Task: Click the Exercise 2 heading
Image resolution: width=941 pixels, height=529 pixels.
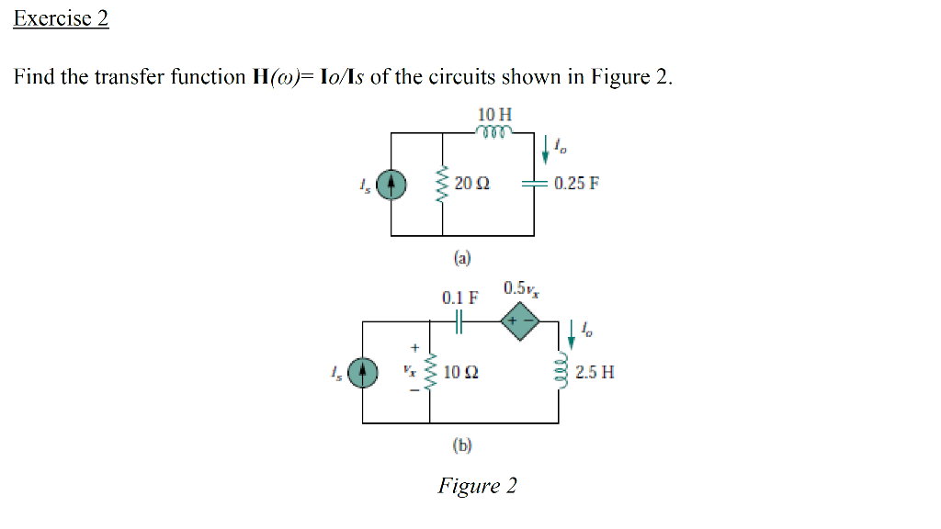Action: pyautogui.click(x=61, y=18)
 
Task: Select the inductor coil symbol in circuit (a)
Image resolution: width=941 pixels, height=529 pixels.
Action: pyautogui.click(x=494, y=130)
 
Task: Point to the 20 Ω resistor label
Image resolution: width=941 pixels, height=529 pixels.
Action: pyautogui.click(x=471, y=184)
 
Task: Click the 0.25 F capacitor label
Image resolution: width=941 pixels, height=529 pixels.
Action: pyautogui.click(x=576, y=183)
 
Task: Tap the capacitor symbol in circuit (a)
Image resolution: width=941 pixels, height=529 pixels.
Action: pyautogui.click(x=534, y=184)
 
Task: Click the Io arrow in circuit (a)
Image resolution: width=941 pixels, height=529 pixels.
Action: pyautogui.click(x=549, y=148)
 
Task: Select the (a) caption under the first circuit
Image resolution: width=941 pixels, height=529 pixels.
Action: pyautogui.click(x=461, y=258)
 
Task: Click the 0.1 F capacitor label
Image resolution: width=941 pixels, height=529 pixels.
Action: pyautogui.click(x=459, y=298)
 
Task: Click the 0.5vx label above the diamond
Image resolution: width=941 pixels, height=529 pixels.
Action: pyautogui.click(x=522, y=288)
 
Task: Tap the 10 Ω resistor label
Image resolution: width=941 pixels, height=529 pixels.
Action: pyautogui.click(x=459, y=372)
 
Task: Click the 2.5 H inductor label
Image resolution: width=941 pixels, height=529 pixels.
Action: pyautogui.click(x=595, y=372)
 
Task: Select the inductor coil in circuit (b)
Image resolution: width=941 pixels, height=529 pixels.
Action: pyautogui.click(x=557, y=372)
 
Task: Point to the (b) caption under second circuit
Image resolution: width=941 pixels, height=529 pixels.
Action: pyautogui.click(x=461, y=445)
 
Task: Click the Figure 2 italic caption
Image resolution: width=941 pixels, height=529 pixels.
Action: pyautogui.click(x=477, y=485)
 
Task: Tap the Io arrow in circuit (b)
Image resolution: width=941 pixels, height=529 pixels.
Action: pyautogui.click(x=572, y=334)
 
